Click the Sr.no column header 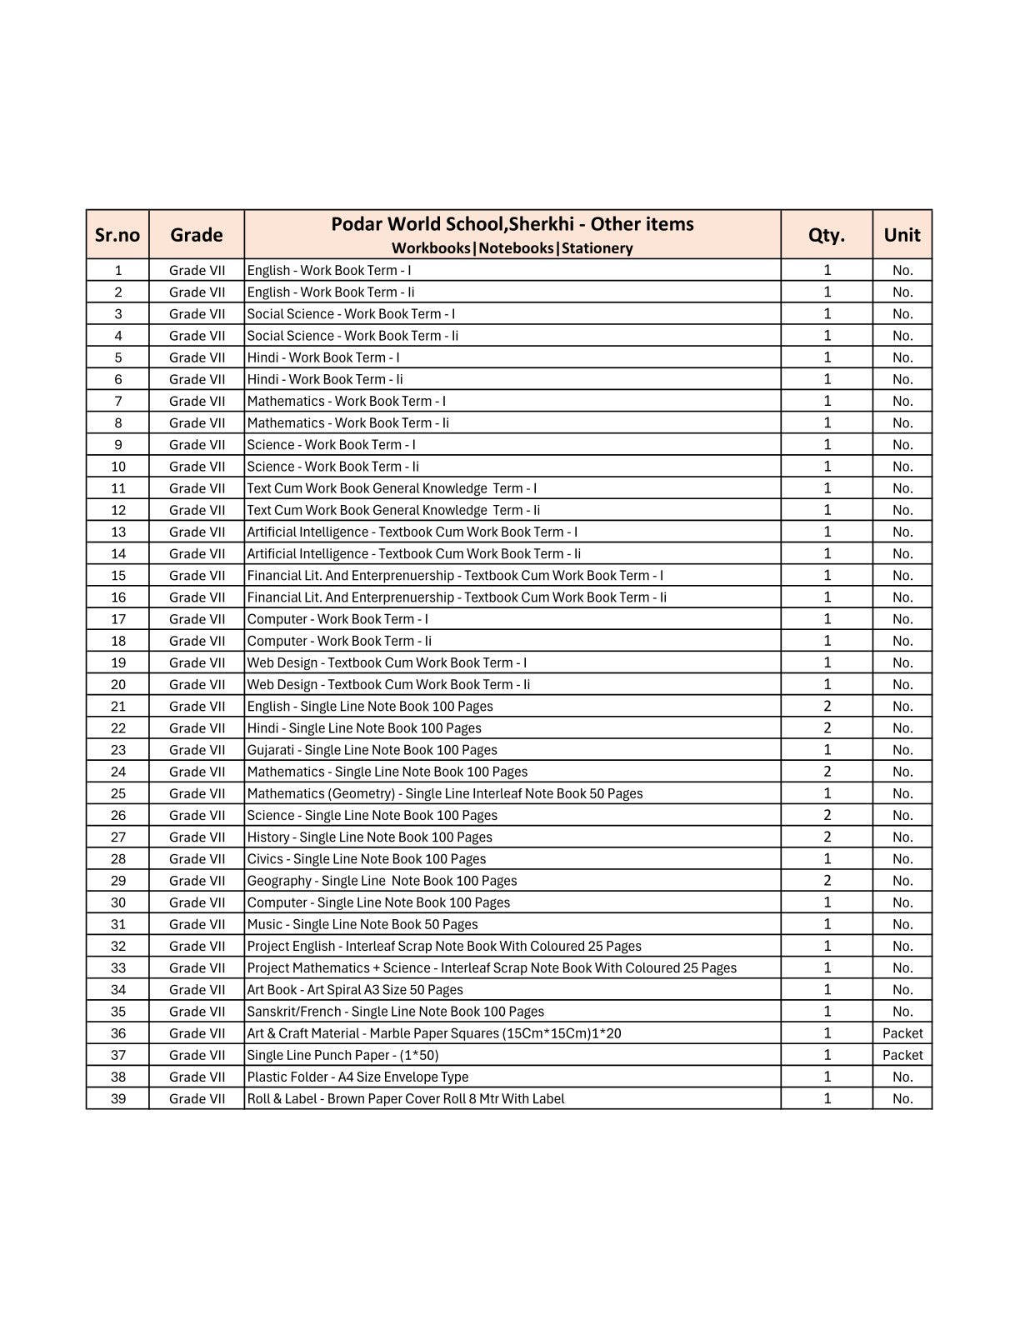117,235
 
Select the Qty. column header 826,235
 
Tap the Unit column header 902,235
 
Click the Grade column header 197,235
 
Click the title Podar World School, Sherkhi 512,224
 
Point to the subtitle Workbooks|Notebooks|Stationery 512,248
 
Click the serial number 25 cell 118,793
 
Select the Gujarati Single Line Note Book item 372,750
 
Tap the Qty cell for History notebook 827,837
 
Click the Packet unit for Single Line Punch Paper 902,1055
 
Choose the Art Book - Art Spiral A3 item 355,990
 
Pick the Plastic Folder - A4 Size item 357,1077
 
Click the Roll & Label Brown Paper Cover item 405,1098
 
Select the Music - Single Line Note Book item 362,924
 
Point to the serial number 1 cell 118,270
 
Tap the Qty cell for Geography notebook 827,881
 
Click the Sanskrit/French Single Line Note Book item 395,1012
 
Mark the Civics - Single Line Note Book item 366,859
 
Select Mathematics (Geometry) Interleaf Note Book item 445,793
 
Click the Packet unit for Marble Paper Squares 902,1033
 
